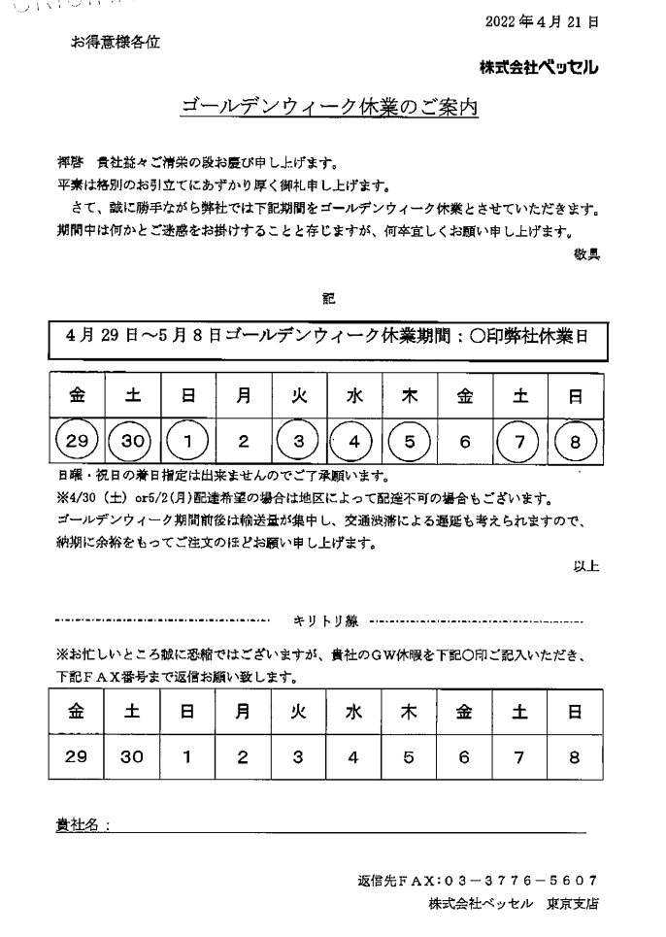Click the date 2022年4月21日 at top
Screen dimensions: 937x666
pos(549,20)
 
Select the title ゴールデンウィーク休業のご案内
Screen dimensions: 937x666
pos(331,108)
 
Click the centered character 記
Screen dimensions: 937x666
pos(328,301)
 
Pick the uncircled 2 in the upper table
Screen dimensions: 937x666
pos(244,442)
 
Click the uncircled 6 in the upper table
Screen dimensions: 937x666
pos(465,442)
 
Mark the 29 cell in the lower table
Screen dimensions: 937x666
pos(78,756)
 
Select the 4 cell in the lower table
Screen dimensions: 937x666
pos(354,756)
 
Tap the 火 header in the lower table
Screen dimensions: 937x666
pos(299,711)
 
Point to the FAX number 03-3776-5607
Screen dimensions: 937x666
pos(519,881)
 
